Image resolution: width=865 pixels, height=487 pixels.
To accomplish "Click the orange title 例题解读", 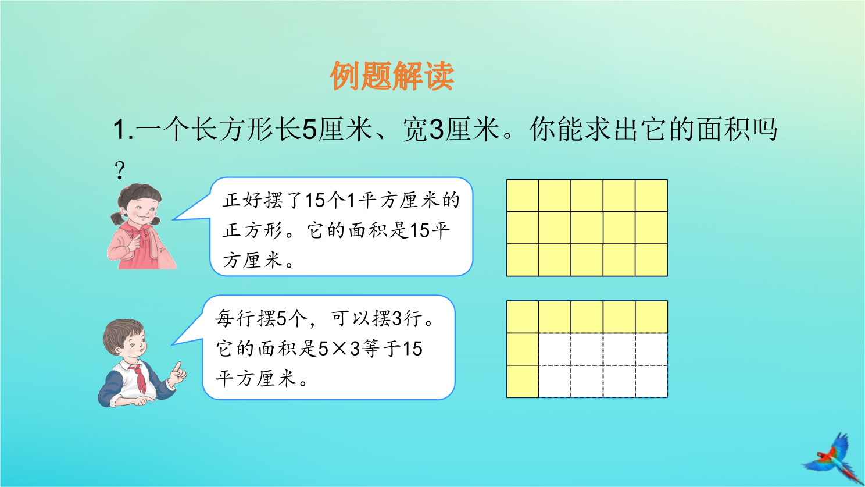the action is click(392, 76).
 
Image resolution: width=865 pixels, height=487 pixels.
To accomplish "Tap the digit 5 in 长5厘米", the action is click(309, 130).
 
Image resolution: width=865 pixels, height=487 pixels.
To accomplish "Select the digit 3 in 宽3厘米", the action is click(437, 130).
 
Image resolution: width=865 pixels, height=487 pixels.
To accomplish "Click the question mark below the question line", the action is click(120, 170).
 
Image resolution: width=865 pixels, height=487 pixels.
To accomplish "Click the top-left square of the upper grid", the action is click(523, 195).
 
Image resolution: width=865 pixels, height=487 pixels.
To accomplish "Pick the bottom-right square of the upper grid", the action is click(652, 260).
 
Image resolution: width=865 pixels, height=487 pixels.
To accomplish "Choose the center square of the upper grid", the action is click(587, 227).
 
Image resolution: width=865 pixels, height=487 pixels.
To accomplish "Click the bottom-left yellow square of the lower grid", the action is click(523, 381).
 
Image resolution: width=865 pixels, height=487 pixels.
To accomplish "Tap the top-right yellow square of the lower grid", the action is click(652, 317).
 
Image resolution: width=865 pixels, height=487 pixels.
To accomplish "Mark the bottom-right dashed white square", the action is click(652, 381).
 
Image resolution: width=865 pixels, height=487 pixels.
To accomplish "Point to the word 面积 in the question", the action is click(724, 130).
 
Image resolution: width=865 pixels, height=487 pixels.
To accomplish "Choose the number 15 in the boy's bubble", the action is click(413, 349).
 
